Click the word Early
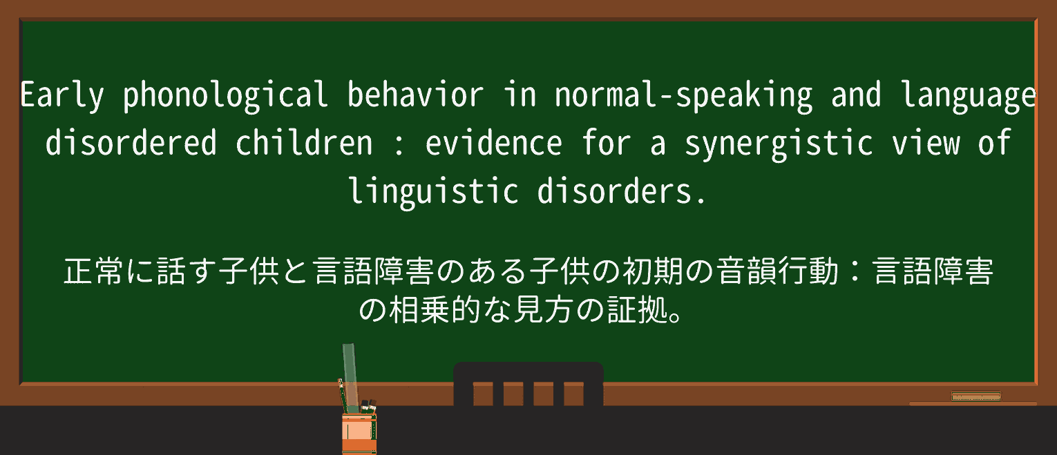pos(61,96)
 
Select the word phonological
pos(225,96)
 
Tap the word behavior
pos(415,96)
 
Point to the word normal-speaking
pos(683,96)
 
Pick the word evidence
pos(493,143)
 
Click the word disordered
pos(131,143)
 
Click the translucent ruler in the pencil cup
pos(350,376)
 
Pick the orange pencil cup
pos(359,433)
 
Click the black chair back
pos(528,384)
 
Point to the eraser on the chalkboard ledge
pos(975,396)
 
